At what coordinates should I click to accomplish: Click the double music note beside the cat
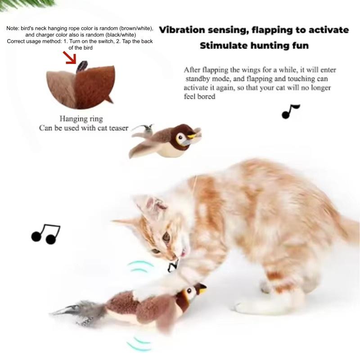tap(45, 234)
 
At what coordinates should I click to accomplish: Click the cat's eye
tap(166, 236)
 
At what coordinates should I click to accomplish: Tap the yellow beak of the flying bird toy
tap(193, 134)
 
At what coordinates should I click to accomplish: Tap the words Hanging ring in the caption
tap(81, 119)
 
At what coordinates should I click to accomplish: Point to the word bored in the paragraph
tap(207, 96)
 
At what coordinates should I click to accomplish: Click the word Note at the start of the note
tap(13, 28)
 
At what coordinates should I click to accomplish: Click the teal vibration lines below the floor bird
tap(139, 344)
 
